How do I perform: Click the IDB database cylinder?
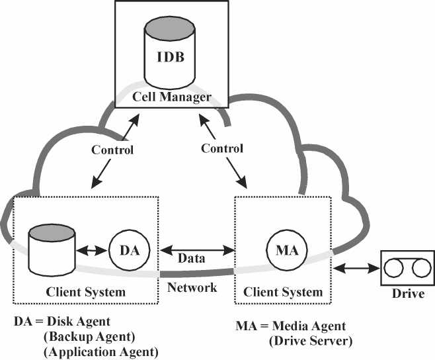[x=171, y=53]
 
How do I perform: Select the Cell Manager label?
[x=172, y=97]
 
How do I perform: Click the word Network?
[x=192, y=287]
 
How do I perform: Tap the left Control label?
[x=112, y=150]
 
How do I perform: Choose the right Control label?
[x=221, y=148]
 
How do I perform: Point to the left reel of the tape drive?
[x=395, y=269]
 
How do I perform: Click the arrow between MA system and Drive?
[x=356, y=269]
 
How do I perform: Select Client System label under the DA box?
[x=86, y=291]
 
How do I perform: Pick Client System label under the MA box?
[x=283, y=291]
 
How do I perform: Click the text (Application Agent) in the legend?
[x=101, y=351]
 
